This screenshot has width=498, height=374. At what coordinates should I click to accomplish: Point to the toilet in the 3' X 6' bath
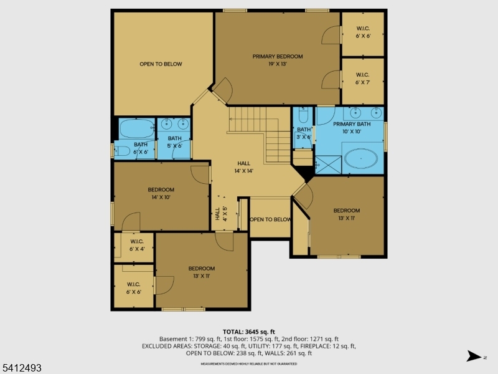303,116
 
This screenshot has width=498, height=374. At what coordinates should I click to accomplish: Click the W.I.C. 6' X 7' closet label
362,78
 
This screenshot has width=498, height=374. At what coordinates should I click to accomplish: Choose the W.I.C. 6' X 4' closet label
136,245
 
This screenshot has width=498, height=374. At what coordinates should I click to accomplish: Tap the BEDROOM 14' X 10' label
161,193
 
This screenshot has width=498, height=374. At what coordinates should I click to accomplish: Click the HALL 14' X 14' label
244,166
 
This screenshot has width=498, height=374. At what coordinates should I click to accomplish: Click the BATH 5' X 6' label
174,142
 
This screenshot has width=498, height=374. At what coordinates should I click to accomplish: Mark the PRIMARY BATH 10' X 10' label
355,128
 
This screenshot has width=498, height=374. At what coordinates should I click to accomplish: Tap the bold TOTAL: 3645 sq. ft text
249,332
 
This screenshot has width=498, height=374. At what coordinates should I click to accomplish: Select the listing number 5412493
21,368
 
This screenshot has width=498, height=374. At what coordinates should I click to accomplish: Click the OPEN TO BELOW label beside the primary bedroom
161,64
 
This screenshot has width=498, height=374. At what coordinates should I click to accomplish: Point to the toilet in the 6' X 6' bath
123,150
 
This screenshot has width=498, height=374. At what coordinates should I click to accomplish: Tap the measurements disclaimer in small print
248,363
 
